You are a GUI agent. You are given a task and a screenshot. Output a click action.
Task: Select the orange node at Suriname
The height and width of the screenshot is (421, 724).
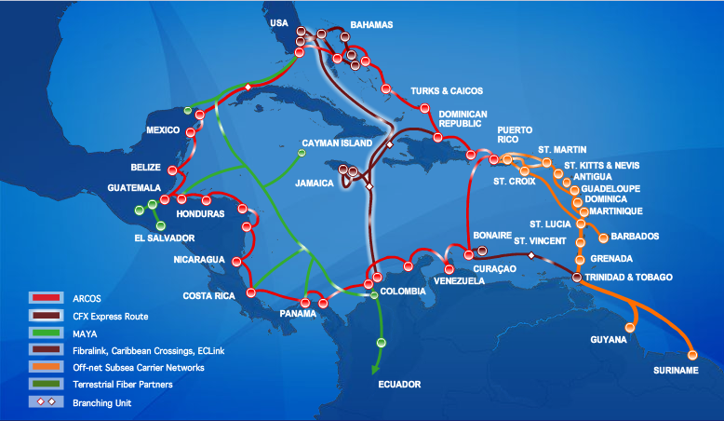click(x=691, y=354)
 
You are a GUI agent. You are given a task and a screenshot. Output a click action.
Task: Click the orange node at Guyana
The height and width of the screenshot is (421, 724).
click(x=633, y=327)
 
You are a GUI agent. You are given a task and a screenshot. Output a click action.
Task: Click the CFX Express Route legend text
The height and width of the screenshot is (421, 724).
click(x=109, y=316)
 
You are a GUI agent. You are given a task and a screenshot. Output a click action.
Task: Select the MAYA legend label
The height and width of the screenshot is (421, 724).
click(x=84, y=333)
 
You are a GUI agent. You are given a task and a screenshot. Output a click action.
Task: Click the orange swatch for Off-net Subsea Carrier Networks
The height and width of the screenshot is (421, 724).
click(x=45, y=368)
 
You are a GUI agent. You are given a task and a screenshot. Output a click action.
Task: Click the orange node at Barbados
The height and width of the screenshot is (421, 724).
click(x=602, y=238)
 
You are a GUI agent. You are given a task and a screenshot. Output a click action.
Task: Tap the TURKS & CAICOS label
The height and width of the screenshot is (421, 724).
click(x=447, y=91)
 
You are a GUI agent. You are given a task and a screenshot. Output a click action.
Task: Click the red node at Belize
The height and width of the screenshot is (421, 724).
click(x=173, y=169)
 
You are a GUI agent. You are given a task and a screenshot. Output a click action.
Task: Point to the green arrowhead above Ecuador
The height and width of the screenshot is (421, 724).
click(x=376, y=368)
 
